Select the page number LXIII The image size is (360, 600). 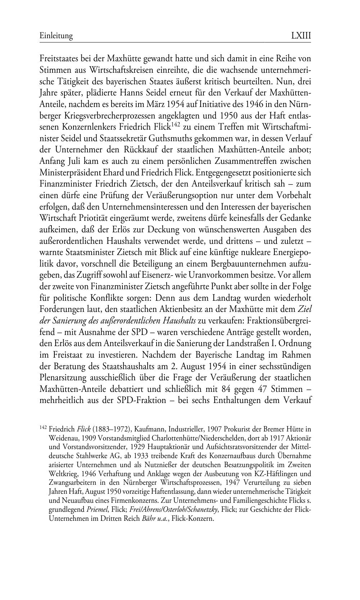pyautogui.click(x=301, y=36)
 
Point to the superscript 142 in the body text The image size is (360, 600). pyautogui.click(x=175, y=125)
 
